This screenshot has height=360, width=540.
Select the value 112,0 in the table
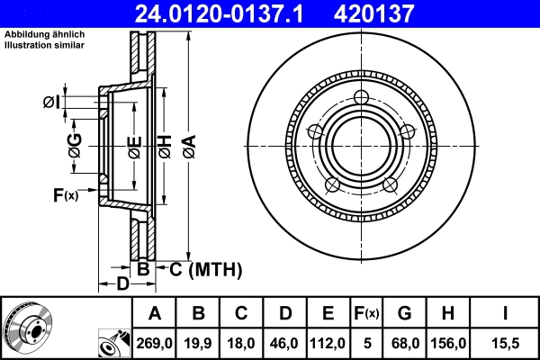pyautogui.click(x=328, y=343)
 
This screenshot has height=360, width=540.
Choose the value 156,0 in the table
pyautogui.click(x=447, y=343)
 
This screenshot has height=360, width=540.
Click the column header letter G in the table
pyautogui.click(x=405, y=313)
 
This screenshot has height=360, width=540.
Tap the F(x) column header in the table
pyautogui.click(x=365, y=313)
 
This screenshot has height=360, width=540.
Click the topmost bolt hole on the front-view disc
pyautogui.click(x=362, y=98)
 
